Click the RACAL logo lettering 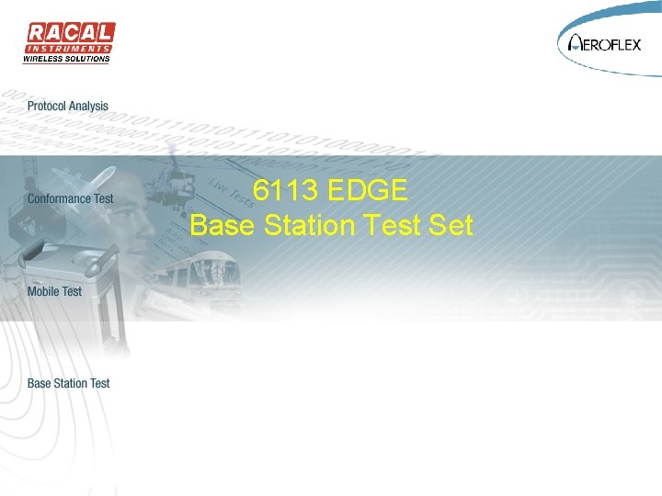point(69,33)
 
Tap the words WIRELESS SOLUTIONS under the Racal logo point(66,60)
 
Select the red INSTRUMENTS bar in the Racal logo point(69,48)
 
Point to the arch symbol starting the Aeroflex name point(576,42)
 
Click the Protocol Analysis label point(68,107)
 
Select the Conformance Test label point(71,198)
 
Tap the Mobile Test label point(54,291)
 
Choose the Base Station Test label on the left point(69,383)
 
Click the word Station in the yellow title point(309,224)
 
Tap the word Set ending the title point(451,224)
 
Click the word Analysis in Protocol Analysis point(88,107)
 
